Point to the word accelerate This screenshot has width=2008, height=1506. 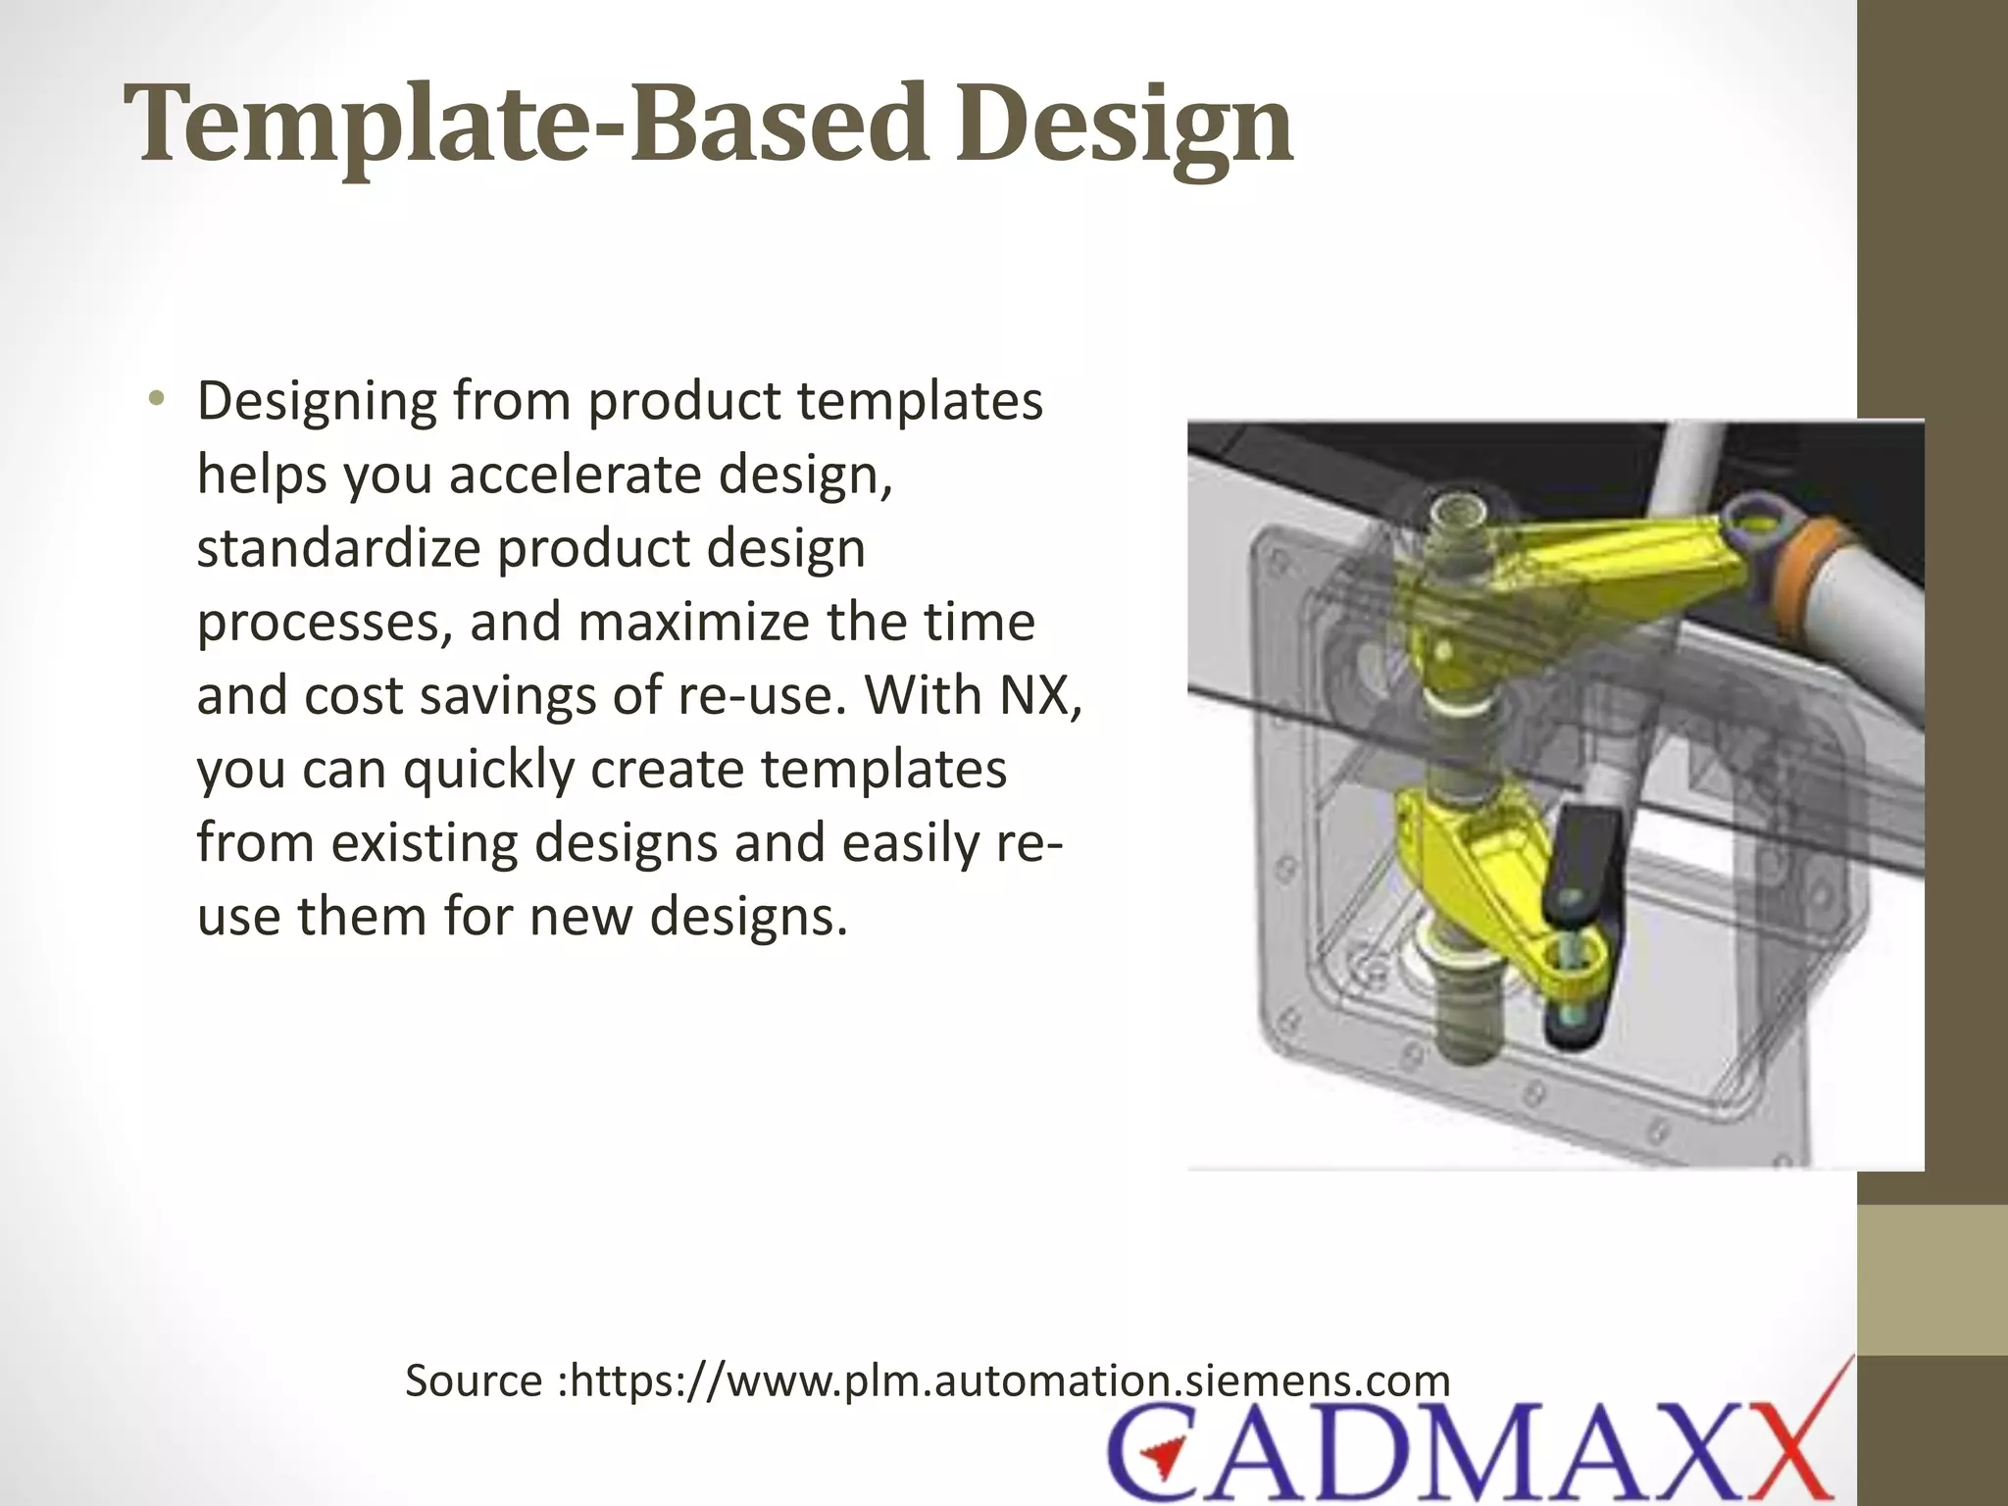click(576, 475)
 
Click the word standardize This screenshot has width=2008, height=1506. click(338, 548)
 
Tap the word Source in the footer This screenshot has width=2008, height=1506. click(475, 1380)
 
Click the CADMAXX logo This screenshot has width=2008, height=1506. click(1471, 1451)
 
